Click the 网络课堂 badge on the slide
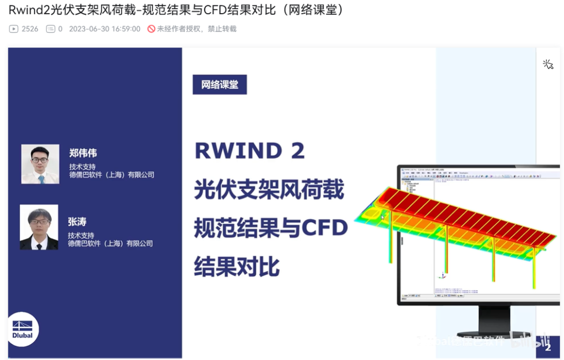tap(219, 85)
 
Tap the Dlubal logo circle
tap(23, 329)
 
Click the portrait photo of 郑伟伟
tap(40, 164)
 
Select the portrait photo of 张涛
tap(39, 227)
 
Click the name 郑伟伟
tap(83, 153)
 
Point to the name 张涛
tap(77, 222)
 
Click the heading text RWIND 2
tap(250, 151)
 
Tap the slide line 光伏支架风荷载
tap(269, 190)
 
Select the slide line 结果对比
tap(237, 266)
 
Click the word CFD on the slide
tap(326, 228)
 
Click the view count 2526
tap(30, 29)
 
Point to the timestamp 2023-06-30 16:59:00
tap(104, 29)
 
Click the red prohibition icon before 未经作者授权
tap(151, 29)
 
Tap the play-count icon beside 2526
tap(14, 29)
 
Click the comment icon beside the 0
tap(50, 29)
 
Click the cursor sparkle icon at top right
tap(548, 64)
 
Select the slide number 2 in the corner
tap(548, 347)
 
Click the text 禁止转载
tap(222, 29)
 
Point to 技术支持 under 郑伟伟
tap(83, 167)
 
